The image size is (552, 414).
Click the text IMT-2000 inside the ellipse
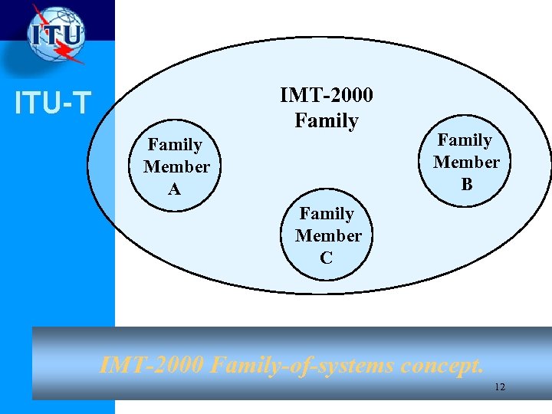327,95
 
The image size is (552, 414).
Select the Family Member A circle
176,166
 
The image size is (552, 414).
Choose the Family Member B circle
465,162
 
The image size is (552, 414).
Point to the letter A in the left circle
175,189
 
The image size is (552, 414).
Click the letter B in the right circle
466,184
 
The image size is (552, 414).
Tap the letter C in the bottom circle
327,258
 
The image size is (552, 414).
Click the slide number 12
499,387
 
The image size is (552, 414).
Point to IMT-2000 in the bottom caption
152,364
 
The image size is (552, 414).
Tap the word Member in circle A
176,166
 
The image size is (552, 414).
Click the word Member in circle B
466,162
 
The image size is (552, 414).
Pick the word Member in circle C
328,235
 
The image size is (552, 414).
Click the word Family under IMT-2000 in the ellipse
327,120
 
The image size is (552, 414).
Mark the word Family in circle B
465,140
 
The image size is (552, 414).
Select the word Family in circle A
175,145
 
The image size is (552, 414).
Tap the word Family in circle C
327,214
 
